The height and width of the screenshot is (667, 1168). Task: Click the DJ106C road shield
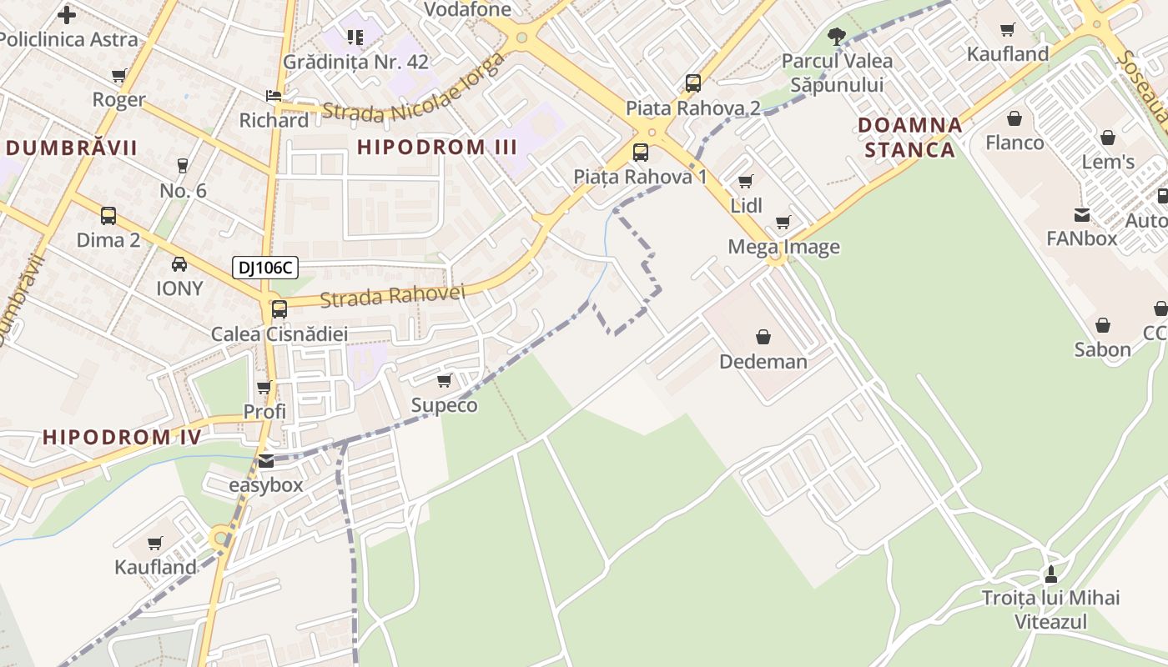click(x=264, y=268)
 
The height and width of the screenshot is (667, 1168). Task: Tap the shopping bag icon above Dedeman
click(x=763, y=337)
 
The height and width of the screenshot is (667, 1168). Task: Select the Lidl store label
click(x=747, y=206)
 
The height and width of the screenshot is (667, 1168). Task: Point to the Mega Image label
click(x=783, y=247)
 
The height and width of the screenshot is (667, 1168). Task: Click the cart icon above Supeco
click(x=445, y=381)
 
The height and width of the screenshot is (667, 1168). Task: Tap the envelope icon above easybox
click(x=265, y=460)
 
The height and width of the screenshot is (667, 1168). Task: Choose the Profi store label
click(x=264, y=411)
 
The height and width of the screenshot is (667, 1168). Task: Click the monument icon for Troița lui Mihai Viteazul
click(x=1050, y=574)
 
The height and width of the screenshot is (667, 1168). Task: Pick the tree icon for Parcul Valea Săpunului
click(x=837, y=36)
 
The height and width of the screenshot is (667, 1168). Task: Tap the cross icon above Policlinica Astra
click(x=67, y=14)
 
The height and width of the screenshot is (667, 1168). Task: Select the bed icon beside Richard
click(x=273, y=96)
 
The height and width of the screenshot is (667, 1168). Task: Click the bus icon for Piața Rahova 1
click(x=640, y=153)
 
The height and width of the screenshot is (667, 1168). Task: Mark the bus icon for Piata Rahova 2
click(x=693, y=83)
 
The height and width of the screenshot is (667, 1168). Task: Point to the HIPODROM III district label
click(x=437, y=148)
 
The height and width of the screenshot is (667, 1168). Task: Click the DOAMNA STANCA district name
click(x=910, y=138)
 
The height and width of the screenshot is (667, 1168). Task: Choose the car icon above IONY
click(x=179, y=264)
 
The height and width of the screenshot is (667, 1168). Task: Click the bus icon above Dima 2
click(x=108, y=216)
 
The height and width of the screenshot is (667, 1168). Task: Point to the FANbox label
click(x=1081, y=238)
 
